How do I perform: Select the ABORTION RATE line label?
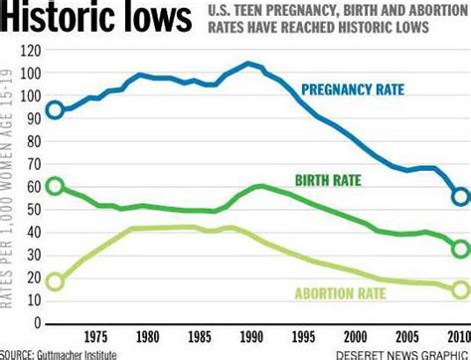click(366, 291)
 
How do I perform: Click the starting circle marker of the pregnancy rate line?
click(56, 109)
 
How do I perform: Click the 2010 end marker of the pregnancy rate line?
click(460, 197)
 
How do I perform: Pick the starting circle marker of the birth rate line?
click(56, 187)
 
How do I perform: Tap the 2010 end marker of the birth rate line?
click(460, 249)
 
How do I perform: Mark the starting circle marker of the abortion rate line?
click(56, 281)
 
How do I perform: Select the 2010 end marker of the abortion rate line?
click(460, 290)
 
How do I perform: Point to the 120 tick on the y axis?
click(32, 50)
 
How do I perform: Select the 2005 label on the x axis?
click(404, 336)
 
